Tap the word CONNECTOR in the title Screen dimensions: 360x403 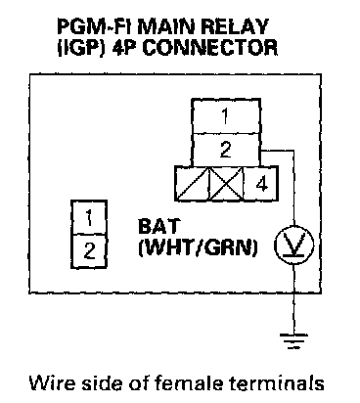[210, 48]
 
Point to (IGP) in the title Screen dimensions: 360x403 [82, 48]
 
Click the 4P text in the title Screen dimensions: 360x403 [125, 48]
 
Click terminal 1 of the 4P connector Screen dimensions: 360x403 [226, 116]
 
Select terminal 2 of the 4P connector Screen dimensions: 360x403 [226, 150]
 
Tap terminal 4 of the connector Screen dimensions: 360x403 [261, 184]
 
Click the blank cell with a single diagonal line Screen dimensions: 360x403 [192, 184]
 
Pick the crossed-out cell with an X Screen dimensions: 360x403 [226, 184]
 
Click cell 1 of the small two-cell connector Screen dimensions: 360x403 [89, 217]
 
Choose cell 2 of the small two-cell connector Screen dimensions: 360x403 [89, 251]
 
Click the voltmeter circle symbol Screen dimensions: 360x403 [294, 246]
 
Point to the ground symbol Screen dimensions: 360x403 [294, 340]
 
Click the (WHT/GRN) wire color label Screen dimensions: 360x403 [198, 248]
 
